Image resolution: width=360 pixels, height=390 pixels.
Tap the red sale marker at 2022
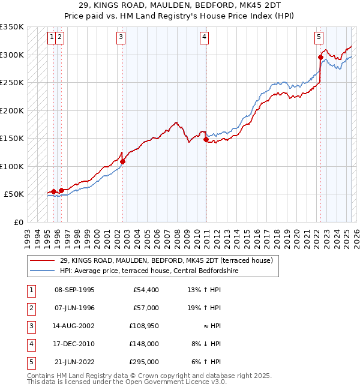click(x=320, y=58)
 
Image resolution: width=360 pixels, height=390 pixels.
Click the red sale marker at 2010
click(x=206, y=140)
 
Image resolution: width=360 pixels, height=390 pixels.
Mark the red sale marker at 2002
click(x=122, y=161)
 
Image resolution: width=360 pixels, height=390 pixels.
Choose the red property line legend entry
click(x=166, y=260)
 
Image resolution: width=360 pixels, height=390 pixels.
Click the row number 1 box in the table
click(x=30, y=290)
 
